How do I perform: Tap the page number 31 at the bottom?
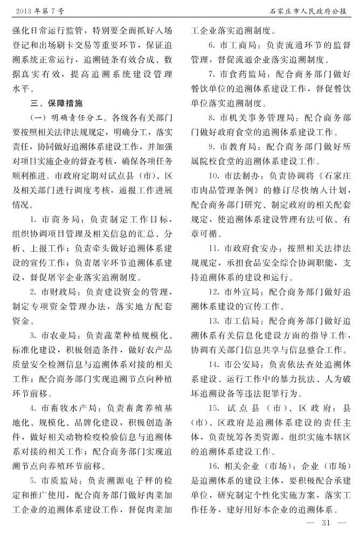coord(326,522)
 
